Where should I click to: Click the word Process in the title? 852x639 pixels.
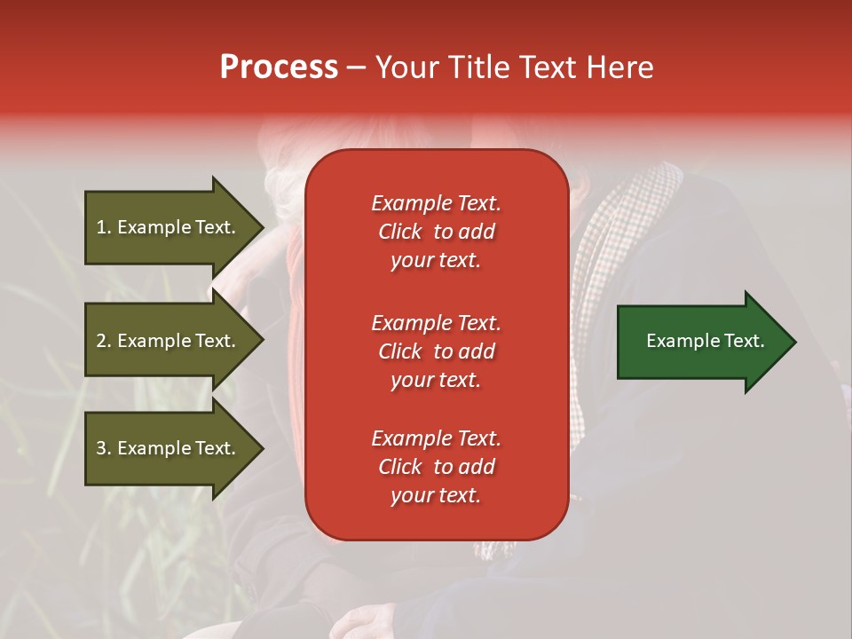(279, 67)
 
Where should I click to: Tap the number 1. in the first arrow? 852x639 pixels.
(104, 227)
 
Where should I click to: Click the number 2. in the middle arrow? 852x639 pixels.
(104, 341)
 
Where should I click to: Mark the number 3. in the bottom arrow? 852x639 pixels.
(104, 448)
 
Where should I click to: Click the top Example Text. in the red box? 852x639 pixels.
(436, 203)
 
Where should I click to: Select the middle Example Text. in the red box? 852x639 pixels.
(436, 323)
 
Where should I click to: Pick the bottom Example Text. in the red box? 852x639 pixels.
(436, 438)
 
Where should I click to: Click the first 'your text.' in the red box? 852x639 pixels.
(436, 260)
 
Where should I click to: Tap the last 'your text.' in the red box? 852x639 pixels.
(436, 495)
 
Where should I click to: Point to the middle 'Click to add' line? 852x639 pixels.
(436, 351)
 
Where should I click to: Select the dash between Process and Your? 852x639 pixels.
(356, 68)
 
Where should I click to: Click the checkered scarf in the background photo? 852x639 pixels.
(612, 240)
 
